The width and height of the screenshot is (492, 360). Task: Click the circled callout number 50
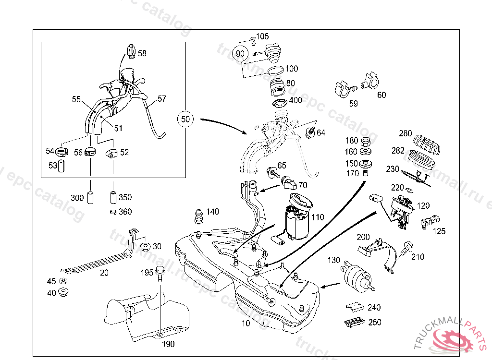pyautogui.click(x=186, y=119)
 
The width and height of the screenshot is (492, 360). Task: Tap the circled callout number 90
pyautogui.click(x=240, y=54)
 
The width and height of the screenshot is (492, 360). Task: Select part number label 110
pyautogui.click(x=318, y=217)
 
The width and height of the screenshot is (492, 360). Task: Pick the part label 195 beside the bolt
pyautogui.click(x=147, y=273)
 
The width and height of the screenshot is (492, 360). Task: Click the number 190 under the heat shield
pyautogui.click(x=168, y=344)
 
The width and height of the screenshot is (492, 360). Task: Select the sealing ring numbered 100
pyautogui.click(x=275, y=71)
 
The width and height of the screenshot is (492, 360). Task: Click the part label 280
pyautogui.click(x=406, y=133)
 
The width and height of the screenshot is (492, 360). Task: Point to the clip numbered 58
pyautogui.click(x=130, y=51)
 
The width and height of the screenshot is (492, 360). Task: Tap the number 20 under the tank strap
pyautogui.click(x=104, y=273)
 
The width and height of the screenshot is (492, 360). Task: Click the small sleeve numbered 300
pyautogui.click(x=90, y=197)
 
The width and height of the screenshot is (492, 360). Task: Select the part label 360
pyautogui.click(x=125, y=212)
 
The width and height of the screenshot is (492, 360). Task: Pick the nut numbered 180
pyautogui.click(x=365, y=142)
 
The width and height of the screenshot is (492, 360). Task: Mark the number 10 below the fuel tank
pyautogui.click(x=246, y=324)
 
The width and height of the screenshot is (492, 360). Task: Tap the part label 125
pyautogui.click(x=439, y=231)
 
